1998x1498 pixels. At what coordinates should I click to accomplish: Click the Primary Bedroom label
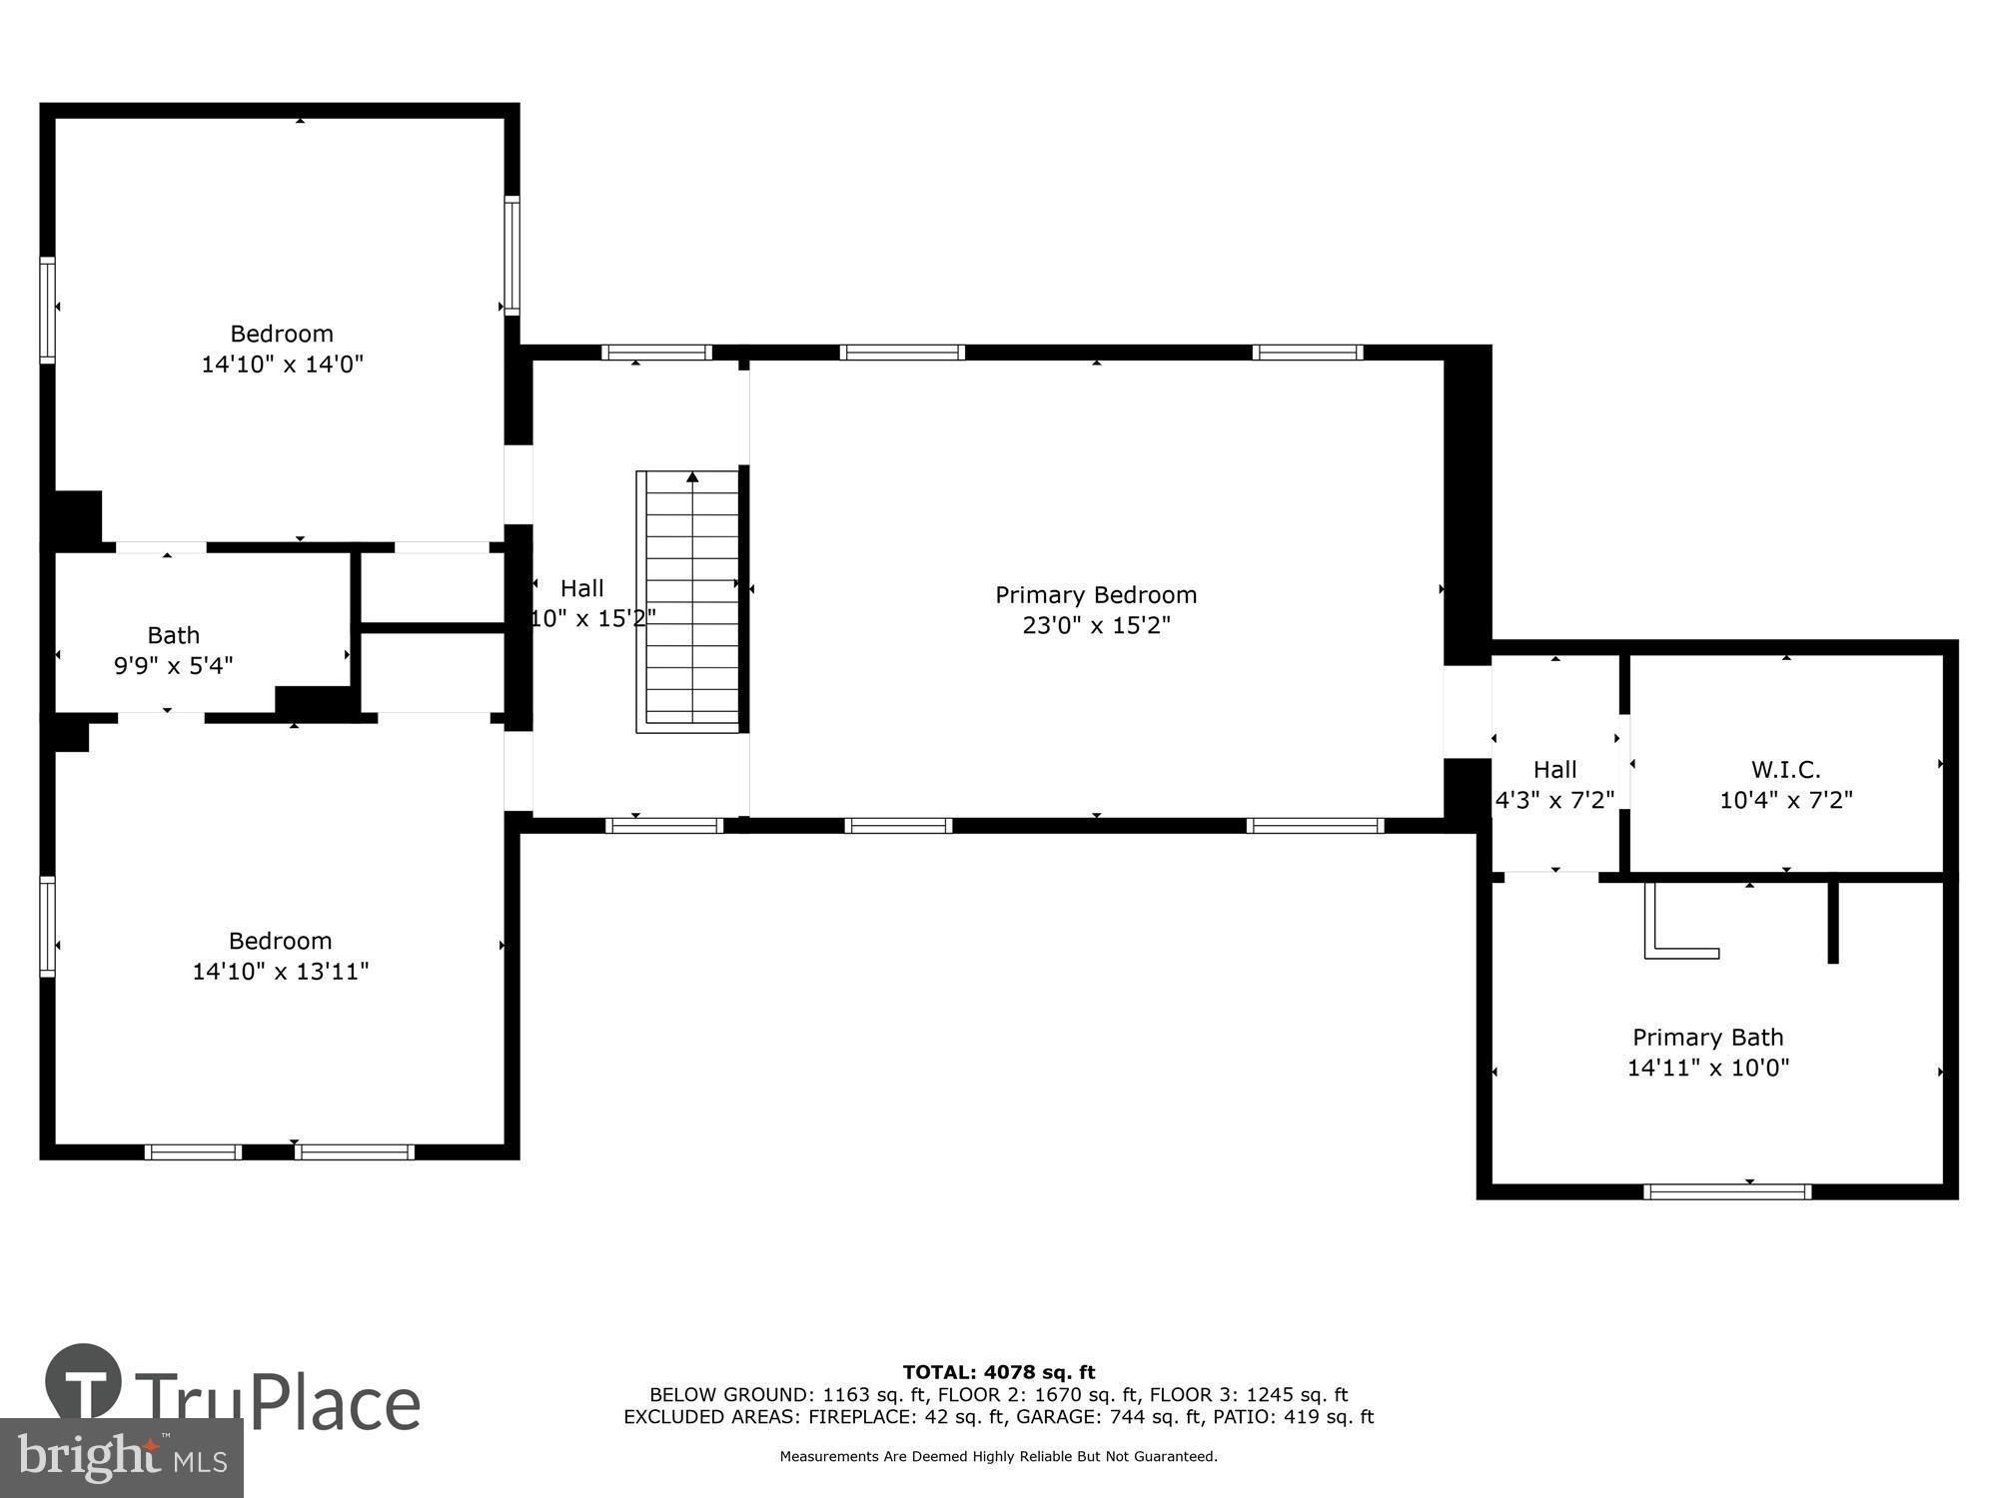tap(1096, 595)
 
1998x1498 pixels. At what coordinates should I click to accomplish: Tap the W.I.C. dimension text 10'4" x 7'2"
tap(1786, 800)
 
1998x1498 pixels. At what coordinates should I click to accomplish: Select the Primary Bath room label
tap(1707, 1038)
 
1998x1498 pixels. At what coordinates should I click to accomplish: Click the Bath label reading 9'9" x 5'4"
tap(174, 665)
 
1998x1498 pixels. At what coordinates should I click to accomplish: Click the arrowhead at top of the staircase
tap(692, 477)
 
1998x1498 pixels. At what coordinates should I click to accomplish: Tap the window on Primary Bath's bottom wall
tap(1727, 1190)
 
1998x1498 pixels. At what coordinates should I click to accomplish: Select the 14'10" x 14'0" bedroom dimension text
tap(282, 365)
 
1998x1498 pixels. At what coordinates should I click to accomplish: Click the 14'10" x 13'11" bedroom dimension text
tap(281, 972)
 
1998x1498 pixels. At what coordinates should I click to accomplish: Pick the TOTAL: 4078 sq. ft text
tap(999, 1372)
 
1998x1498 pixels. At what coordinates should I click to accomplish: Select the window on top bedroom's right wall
tap(511, 256)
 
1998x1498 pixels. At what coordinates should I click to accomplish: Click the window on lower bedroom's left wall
tap(47, 926)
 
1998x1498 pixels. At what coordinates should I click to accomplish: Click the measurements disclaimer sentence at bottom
tap(999, 1456)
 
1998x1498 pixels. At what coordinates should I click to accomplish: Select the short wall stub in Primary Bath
tap(1833, 923)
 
